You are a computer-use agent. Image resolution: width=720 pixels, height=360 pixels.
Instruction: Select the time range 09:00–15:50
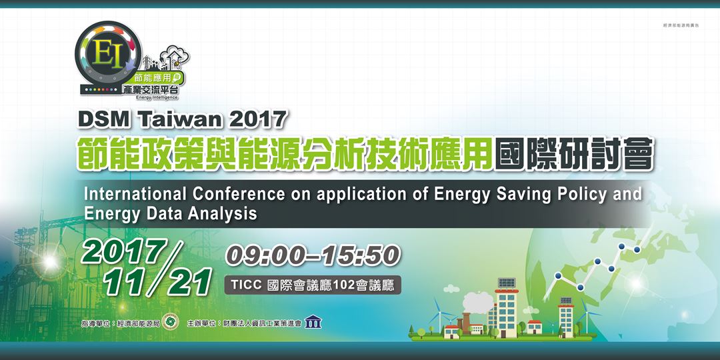coord(313,255)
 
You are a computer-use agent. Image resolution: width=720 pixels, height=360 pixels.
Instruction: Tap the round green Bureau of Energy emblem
coord(171,322)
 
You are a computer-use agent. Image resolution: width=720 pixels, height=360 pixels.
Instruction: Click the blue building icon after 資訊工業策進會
coord(313,323)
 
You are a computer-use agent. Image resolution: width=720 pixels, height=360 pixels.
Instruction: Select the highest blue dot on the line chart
coord(621,246)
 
